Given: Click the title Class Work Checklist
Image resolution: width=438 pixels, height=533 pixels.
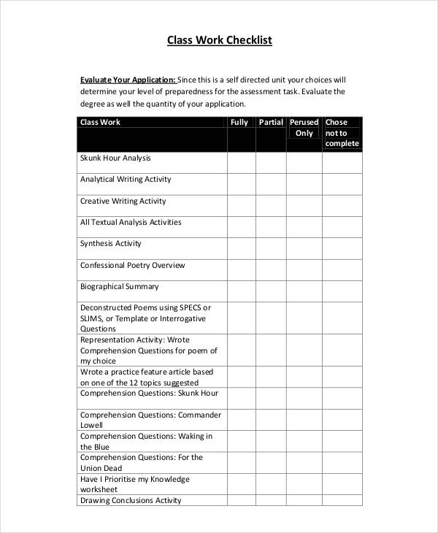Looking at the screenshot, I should click(219, 40).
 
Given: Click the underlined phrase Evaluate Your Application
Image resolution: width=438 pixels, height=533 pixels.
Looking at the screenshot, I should click(128, 80).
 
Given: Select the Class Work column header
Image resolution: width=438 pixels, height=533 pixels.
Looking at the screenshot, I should click(100, 123).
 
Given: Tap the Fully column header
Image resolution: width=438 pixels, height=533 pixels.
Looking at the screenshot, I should click(240, 123).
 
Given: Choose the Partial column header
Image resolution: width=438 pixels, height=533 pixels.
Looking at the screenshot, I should click(271, 123).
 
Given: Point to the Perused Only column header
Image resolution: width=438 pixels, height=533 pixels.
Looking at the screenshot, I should click(304, 128).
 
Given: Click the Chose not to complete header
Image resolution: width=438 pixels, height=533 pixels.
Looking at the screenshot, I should click(342, 133).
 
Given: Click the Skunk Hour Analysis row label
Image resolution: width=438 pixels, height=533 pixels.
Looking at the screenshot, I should click(115, 158).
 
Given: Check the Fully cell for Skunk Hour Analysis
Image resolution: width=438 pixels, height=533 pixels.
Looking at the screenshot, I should click(241, 162).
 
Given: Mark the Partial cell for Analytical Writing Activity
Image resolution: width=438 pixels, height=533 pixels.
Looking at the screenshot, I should click(271, 184).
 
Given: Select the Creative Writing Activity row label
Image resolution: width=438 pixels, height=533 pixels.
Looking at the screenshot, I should click(123, 202).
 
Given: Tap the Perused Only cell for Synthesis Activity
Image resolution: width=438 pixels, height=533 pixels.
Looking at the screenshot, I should click(304, 248).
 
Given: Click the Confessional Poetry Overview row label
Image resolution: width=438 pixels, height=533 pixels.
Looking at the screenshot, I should click(132, 266).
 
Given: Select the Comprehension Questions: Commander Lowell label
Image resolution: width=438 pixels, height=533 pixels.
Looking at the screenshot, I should click(150, 420).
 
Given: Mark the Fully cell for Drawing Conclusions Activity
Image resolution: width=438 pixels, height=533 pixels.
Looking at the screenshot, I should click(241, 501).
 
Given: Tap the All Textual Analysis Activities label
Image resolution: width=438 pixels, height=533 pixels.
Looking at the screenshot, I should click(131, 223).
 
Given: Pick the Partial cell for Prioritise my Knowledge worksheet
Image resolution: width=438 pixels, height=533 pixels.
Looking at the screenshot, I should click(271, 483).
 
